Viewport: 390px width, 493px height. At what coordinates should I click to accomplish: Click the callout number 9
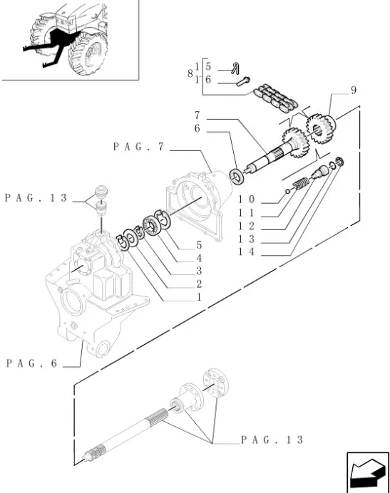354,90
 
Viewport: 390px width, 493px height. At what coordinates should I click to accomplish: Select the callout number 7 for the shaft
197,115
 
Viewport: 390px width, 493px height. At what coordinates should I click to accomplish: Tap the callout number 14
246,252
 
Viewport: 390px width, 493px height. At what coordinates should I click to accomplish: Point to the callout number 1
199,297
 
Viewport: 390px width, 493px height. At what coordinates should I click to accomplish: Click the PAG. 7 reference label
138,147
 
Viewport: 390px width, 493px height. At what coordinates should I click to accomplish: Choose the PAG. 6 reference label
32,363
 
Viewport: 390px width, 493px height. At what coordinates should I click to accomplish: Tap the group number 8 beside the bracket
190,73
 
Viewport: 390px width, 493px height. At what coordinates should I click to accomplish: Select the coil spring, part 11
302,183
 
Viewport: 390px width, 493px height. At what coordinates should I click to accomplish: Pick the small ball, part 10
287,191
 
